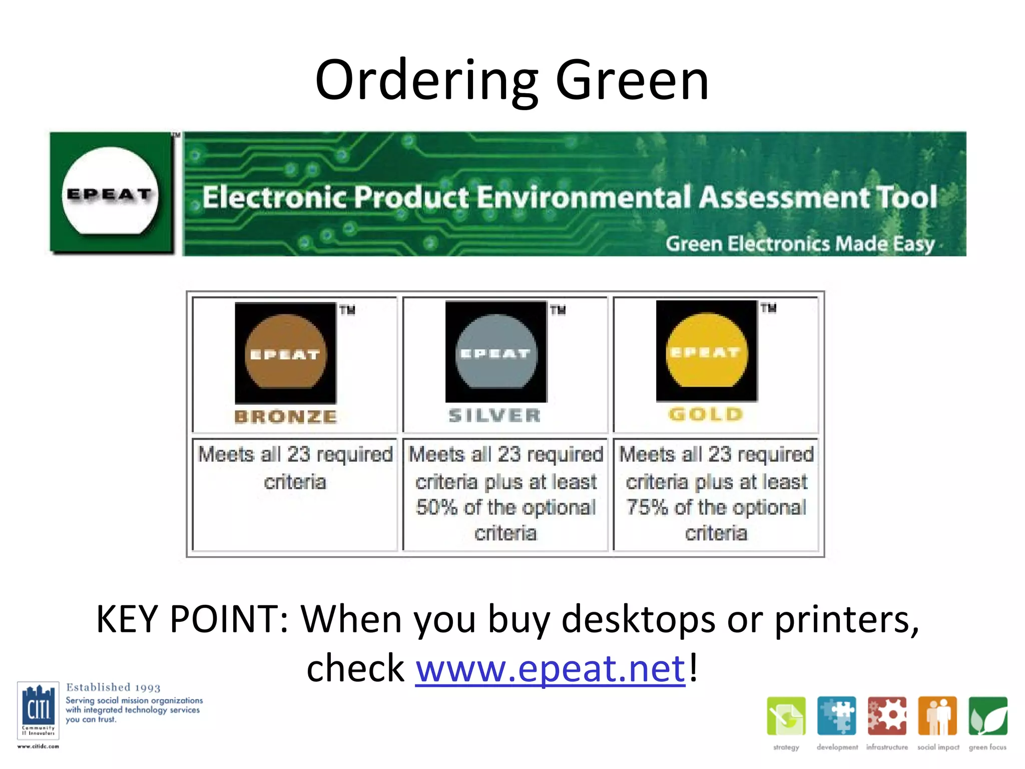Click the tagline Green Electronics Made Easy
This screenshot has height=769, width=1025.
(x=800, y=244)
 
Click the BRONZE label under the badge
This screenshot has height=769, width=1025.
(x=286, y=417)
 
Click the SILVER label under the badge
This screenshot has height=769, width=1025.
(x=494, y=415)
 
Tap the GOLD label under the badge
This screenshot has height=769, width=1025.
(x=706, y=414)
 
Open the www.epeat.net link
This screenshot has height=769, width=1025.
(x=550, y=668)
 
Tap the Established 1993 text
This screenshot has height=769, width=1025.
(x=113, y=687)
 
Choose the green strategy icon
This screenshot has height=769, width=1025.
(x=786, y=716)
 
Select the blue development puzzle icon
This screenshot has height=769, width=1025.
(x=836, y=716)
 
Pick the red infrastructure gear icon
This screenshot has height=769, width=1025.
(x=887, y=716)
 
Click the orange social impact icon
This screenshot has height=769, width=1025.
(x=937, y=716)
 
